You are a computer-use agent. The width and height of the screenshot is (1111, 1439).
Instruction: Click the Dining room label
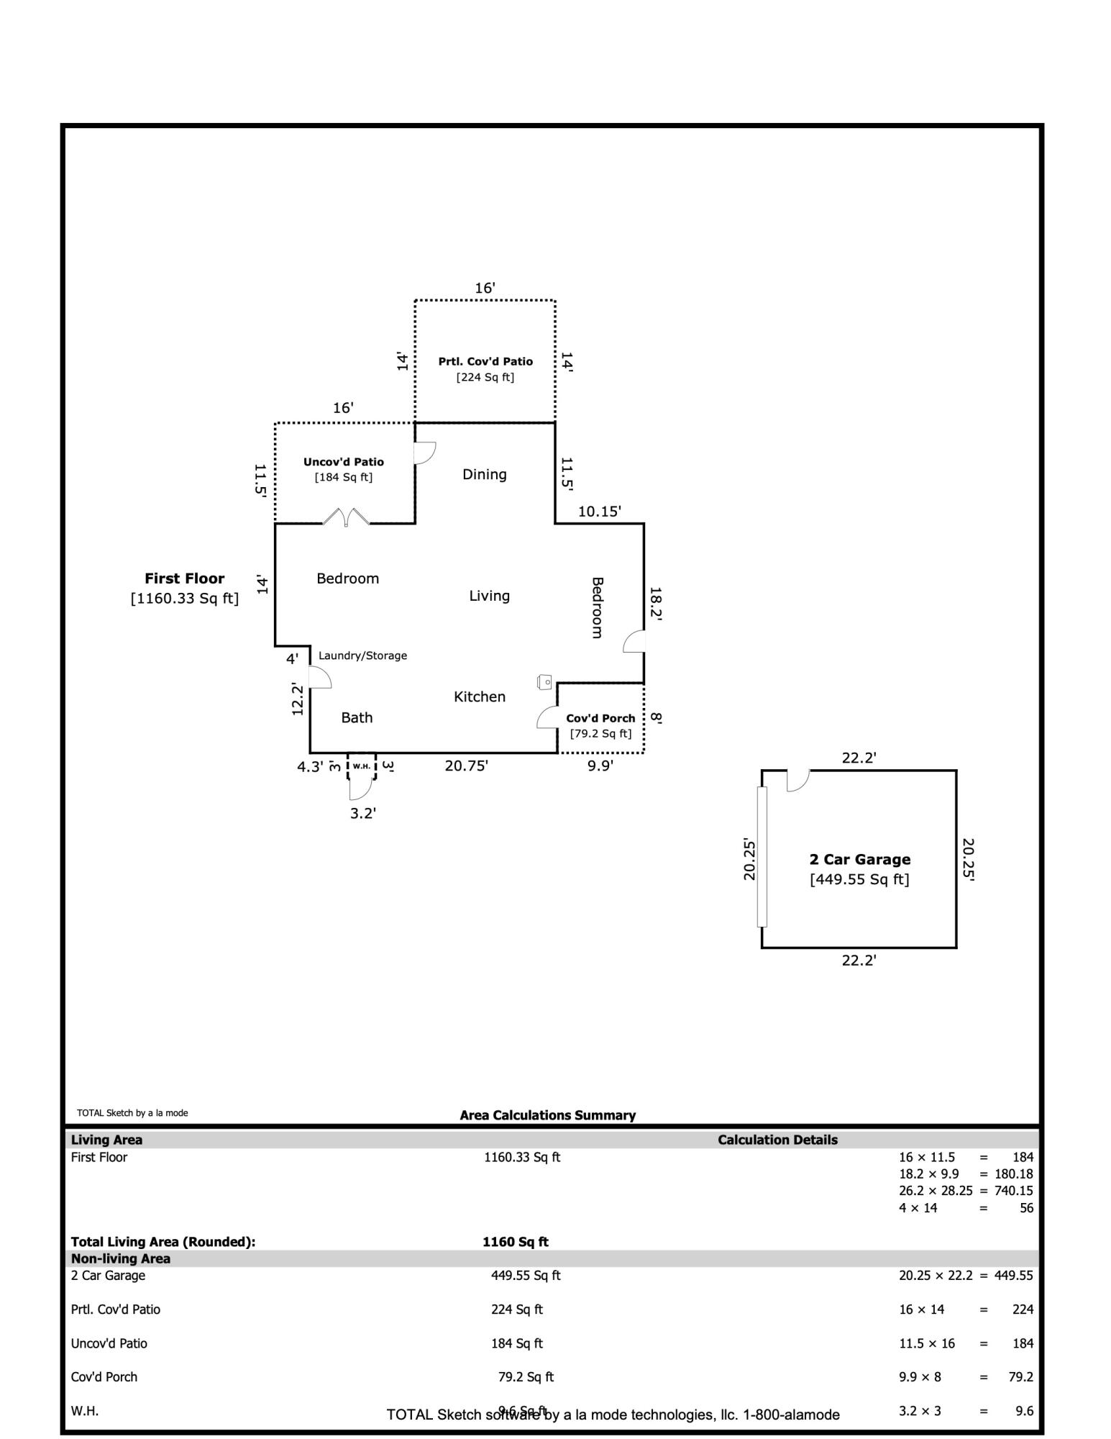point(484,474)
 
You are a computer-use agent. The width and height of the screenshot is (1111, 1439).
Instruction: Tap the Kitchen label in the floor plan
point(480,696)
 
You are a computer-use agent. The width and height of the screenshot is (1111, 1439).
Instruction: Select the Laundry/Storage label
point(362,655)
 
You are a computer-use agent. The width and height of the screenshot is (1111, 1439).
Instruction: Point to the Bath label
point(357,717)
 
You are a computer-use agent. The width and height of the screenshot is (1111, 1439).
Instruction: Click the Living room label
point(489,596)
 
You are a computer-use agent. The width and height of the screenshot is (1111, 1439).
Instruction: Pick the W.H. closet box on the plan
point(362,766)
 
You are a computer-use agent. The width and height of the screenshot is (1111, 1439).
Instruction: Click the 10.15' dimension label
point(600,512)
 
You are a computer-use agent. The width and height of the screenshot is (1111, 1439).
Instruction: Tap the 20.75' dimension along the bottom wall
point(467,766)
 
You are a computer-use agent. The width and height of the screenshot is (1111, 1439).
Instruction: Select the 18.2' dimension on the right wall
point(655,603)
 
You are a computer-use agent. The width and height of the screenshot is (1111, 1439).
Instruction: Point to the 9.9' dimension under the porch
point(600,766)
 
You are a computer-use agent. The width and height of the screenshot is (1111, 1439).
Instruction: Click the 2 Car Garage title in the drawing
point(860,859)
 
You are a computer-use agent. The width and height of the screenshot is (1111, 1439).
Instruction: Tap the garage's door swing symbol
point(798,781)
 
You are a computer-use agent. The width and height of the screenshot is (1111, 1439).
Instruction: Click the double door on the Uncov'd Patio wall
point(346,517)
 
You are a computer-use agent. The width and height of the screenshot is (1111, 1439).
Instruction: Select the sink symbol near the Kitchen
point(545,681)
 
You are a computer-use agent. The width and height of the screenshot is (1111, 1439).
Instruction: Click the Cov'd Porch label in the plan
point(600,718)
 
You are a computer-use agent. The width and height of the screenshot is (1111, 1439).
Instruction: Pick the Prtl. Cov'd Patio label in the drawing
point(485,361)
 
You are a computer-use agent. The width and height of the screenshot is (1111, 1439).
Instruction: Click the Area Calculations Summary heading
point(548,1115)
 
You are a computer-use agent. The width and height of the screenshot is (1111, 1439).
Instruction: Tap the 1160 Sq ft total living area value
point(516,1242)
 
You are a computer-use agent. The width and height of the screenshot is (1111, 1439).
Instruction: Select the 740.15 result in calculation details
point(1014,1191)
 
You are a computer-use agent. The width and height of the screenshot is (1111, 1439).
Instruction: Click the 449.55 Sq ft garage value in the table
point(526,1276)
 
